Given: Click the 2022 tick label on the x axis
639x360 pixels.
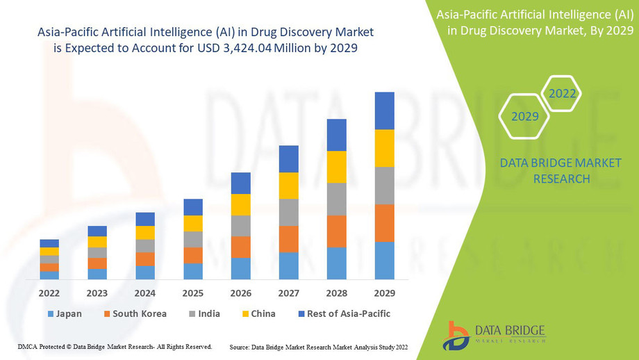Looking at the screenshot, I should tap(49, 293).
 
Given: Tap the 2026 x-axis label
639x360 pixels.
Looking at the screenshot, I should tap(241, 293).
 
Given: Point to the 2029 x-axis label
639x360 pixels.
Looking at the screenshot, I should tap(384, 293).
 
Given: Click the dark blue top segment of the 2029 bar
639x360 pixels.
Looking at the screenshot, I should tap(384, 111).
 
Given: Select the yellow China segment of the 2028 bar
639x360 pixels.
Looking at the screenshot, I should tap(337, 167).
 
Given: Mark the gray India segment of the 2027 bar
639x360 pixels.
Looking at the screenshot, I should tap(289, 212).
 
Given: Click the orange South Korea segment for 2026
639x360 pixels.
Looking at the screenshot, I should tap(241, 247).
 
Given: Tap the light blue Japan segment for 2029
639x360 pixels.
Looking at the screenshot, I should tap(384, 261).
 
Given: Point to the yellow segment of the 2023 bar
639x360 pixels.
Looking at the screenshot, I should tap(97, 242).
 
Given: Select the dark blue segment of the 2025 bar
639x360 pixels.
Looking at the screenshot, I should tap(193, 207).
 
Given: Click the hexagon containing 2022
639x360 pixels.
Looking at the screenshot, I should tap(562, 93).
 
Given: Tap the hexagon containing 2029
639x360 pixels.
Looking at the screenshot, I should tap(525, 116).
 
